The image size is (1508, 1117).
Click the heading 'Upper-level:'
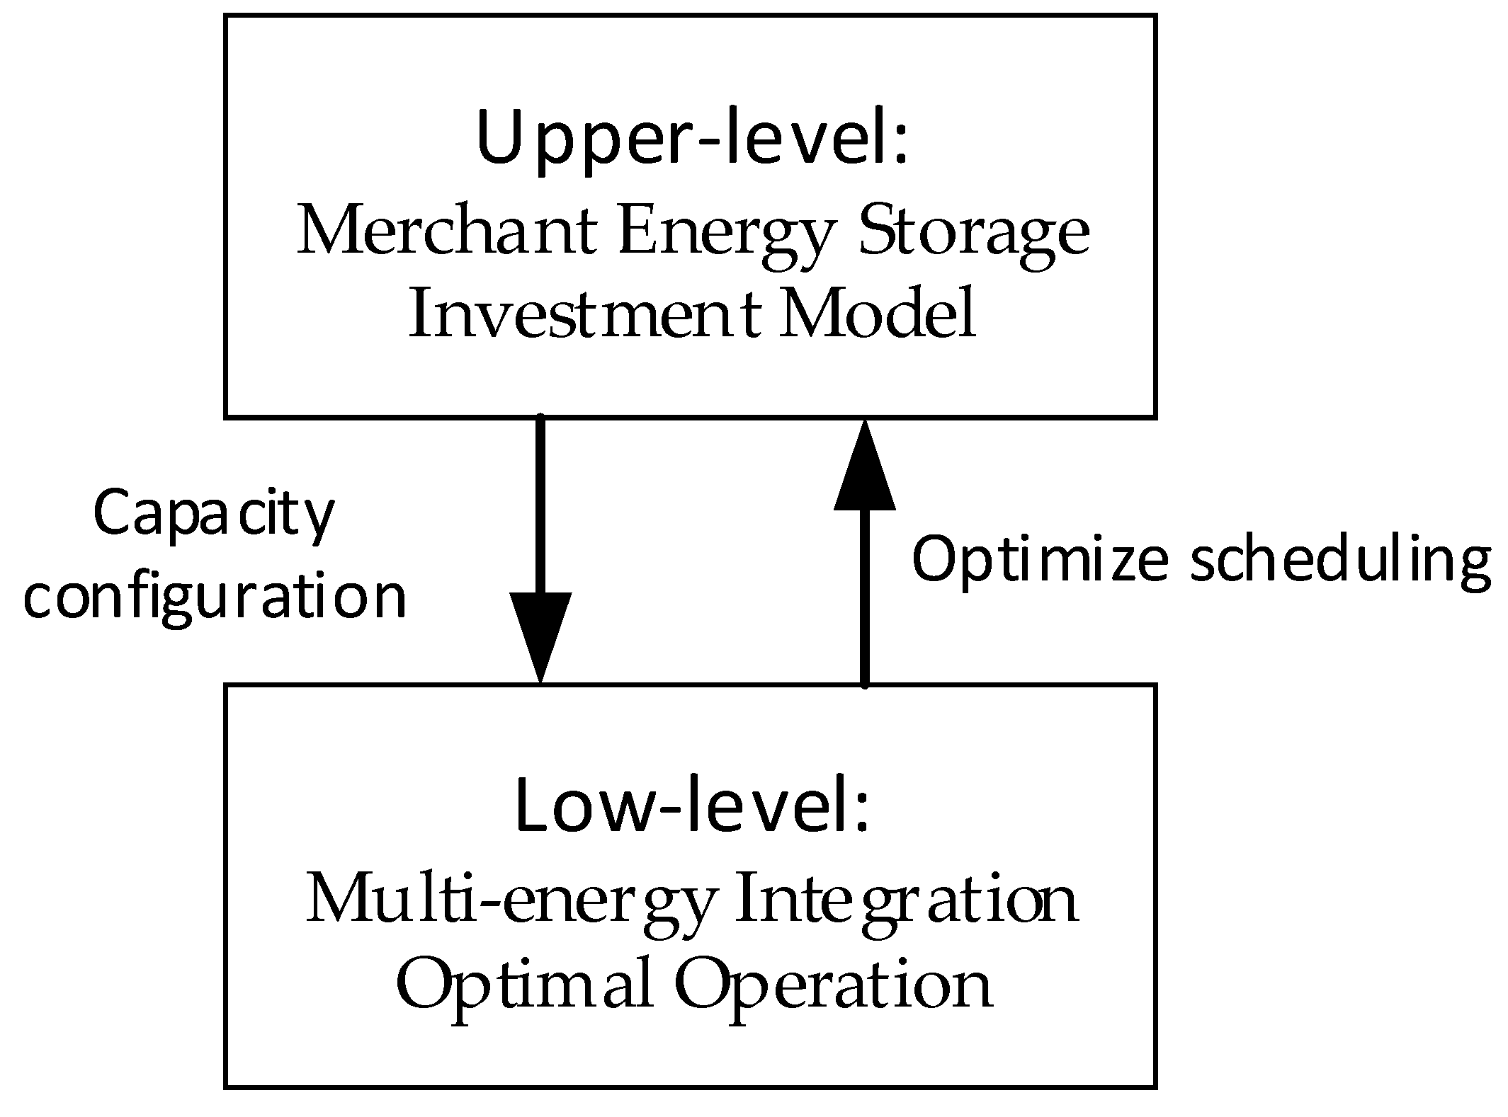(692, 139)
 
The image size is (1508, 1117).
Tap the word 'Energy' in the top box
(723, 237)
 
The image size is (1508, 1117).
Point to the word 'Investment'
(585, 316)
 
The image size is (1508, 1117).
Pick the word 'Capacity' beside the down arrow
(213, 515)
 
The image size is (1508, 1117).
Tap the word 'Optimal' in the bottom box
(523, 986)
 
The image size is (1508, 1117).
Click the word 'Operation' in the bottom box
(833, 986)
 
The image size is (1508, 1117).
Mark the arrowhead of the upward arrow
(864, 467)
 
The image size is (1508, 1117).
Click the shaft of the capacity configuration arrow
(540, 503)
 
